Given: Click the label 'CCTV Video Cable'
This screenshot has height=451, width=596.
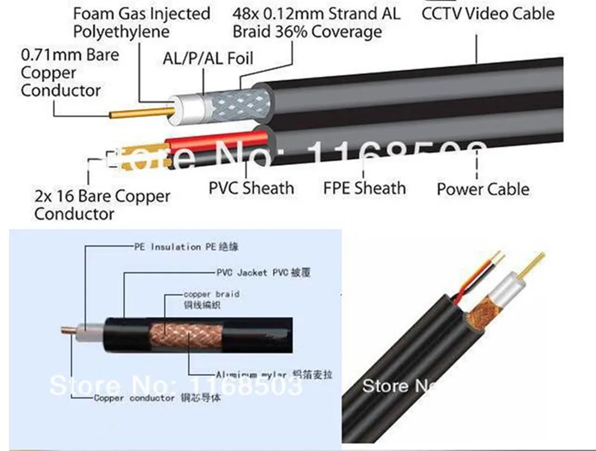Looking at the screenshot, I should click(x=488, y=13).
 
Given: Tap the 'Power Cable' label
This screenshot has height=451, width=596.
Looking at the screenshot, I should click(x=483, y=189).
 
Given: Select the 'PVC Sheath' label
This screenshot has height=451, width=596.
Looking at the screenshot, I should click(x=251, y=188).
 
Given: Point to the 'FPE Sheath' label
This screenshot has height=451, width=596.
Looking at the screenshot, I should click(x=364, y=188).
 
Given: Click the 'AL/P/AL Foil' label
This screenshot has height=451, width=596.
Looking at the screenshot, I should click(x=207, y=58).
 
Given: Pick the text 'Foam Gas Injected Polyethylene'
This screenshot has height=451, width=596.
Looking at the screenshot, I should click(x=142, y=22).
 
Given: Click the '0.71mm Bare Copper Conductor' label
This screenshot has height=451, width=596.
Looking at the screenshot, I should click(x=70, y=73).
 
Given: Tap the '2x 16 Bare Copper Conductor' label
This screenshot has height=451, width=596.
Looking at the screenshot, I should click(x=102, y=204).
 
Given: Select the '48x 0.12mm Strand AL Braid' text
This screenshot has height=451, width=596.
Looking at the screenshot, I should click(x=316, y=22).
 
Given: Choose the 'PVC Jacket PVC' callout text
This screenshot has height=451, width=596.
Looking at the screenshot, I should click(x=263, y=273).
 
